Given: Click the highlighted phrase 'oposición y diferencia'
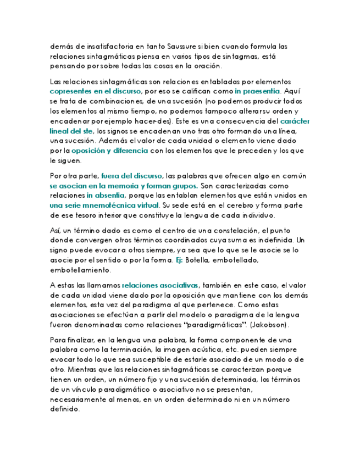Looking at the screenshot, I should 109,150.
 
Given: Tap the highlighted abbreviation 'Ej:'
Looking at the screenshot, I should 178,260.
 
